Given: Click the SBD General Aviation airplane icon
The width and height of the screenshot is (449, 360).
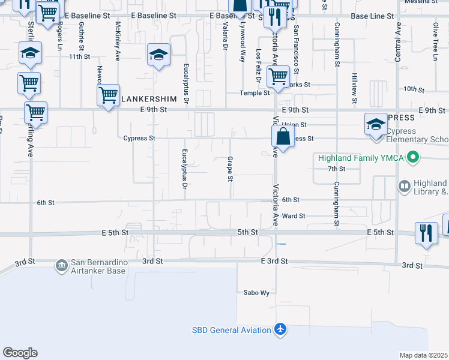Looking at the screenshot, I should coord(280,329).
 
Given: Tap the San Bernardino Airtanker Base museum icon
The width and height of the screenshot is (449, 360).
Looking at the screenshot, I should coord(61,265).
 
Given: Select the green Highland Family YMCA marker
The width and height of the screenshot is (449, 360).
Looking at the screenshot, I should coord(412,158).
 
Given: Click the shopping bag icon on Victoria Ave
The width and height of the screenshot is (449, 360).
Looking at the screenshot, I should coord(283,137).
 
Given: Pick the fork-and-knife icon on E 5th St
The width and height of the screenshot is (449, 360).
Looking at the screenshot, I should coord(427,232).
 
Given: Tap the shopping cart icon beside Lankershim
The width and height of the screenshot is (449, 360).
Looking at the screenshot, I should coord(108,95).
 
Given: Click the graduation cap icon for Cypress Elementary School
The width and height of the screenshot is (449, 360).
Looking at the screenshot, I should coord(376,125).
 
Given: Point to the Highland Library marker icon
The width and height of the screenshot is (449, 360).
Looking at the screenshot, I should coord(403,187).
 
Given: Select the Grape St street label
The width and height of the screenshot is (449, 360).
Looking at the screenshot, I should coord(230,169).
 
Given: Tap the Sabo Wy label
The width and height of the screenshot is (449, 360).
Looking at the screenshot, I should coord(256,293).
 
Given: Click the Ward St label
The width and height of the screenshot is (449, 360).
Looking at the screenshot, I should coord(294,216).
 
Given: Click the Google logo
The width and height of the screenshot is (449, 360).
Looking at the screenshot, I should coord(20,353).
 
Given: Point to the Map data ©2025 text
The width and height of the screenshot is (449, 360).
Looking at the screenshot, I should coord(424,355).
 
